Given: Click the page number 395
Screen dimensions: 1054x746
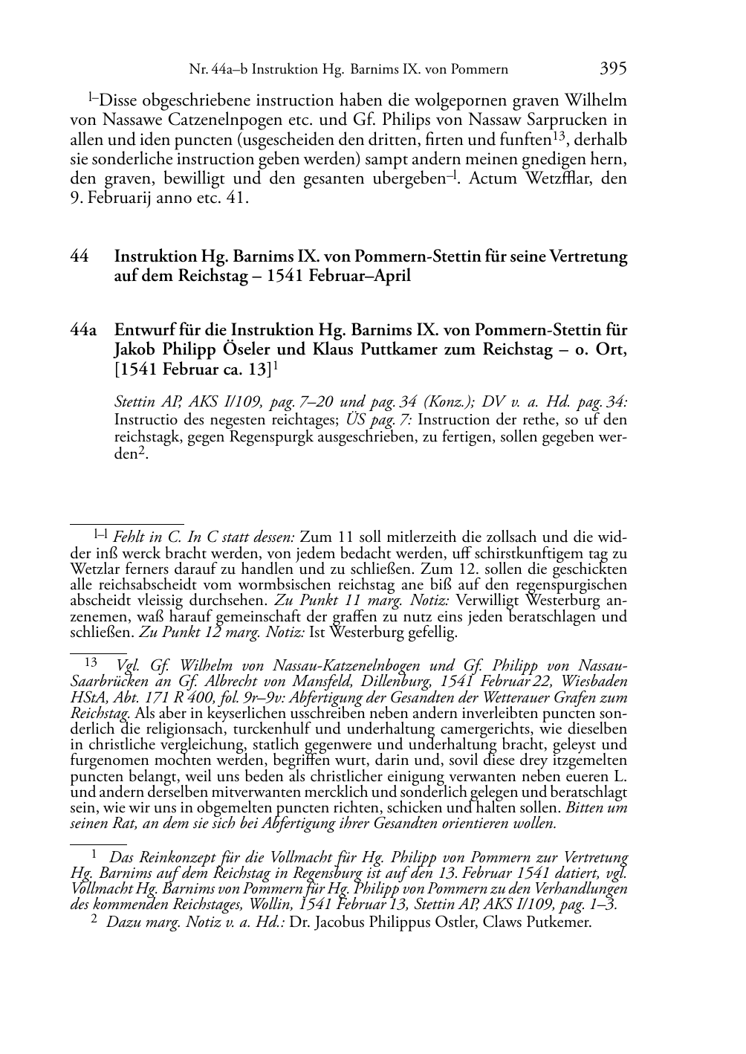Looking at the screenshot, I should point(613,69).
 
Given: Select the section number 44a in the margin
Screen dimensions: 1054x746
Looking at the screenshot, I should point(83,330).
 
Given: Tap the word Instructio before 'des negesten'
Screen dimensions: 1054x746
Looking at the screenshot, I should point(145,420).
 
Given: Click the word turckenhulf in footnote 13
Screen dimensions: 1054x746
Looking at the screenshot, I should point(280,728).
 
